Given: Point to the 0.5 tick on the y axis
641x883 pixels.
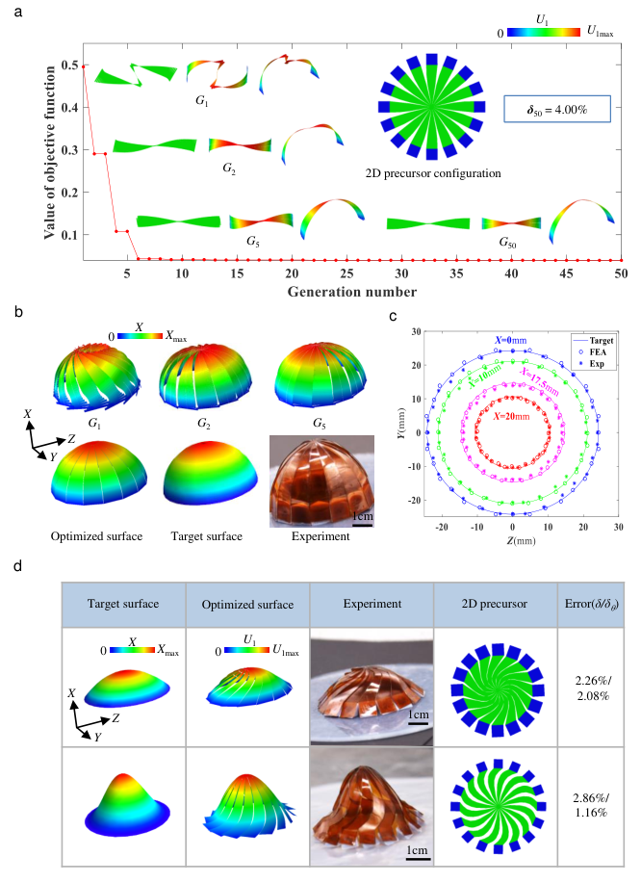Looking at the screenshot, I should [71, 65].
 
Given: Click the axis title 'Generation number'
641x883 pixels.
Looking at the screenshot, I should [353, 291].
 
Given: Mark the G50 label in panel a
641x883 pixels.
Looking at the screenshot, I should [508, 245].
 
